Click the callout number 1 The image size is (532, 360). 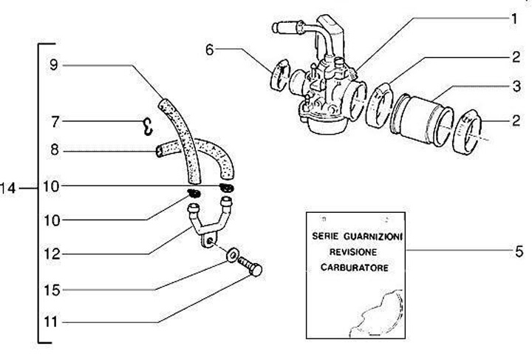[x=514, y=19]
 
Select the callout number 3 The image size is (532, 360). [x=516, y=86]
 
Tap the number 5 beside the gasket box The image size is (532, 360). [x=519, y=252]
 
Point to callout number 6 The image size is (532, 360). [x=210, y=50]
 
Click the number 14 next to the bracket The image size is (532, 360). [x=8, y=188]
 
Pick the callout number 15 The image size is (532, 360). [x=52, y=291]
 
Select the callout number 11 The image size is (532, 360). [x=51, y=322]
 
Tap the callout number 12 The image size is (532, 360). [x=52, y=254]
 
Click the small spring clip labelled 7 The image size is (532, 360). [x=147, y=127]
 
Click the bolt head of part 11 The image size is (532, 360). [x=255, y=270]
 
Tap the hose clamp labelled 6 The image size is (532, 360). [x=280, y=75]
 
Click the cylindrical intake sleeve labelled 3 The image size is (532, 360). [x=421, y=120]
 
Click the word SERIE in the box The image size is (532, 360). [x=325, y=236]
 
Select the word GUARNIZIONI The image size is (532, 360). [x=372, y=236]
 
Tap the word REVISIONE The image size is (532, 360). [x=353, y=252]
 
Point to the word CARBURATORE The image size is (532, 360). [x=354, y=268]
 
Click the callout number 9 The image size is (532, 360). [x=54, y=64]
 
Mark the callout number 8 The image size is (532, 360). [x=54, y=149]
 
